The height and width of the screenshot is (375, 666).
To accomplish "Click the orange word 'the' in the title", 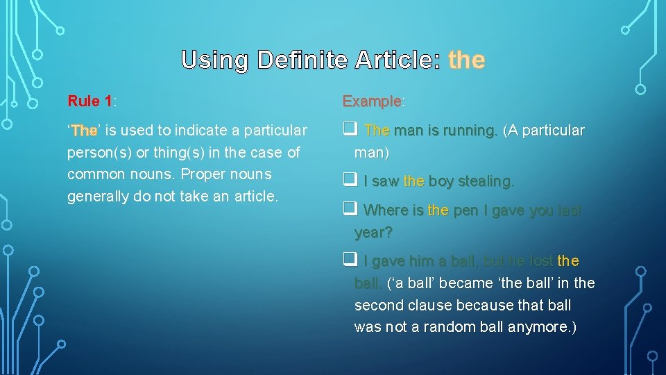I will (x=466, y=60).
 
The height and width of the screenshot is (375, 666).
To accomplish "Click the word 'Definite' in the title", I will (x=302, y=60).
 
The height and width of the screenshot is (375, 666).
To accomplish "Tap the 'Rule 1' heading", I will (x=90, y=101).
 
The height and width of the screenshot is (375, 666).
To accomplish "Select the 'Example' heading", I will (x=372, y=101).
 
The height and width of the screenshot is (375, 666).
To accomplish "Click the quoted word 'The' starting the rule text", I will (x=85, y=131).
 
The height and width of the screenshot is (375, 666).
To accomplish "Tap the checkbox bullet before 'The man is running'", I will (x=349, y=130).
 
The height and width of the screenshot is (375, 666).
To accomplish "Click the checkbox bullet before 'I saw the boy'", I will (x=349, y=181).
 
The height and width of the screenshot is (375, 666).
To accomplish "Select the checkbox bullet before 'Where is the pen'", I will (x=349, y=210).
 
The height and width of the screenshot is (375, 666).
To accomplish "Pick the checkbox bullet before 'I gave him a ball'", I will (x=349, y=260).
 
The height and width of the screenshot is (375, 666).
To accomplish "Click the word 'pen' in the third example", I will (x=466, y=210).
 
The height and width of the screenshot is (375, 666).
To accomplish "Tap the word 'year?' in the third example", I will (x=373, y=233).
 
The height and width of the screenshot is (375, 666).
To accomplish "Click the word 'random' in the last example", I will (x=450, y=327).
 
